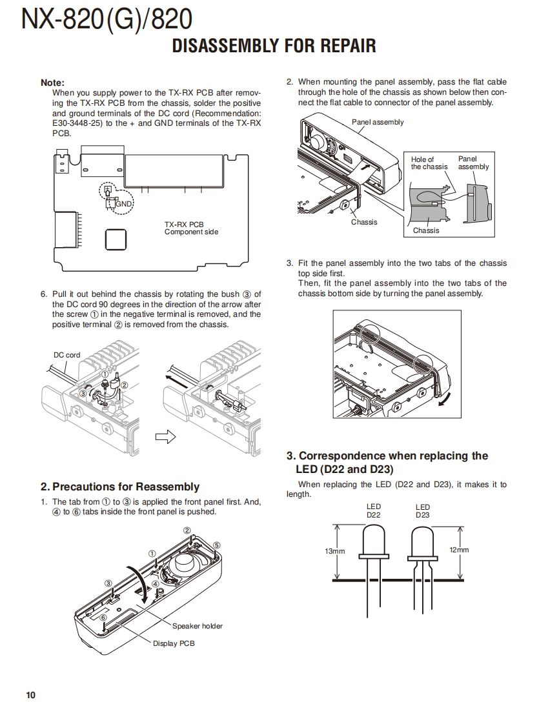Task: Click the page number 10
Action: pos(30,695)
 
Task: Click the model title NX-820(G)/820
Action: pos(107,19)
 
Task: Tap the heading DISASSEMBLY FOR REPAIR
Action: pos(274,46)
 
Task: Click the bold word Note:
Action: pos(52,83)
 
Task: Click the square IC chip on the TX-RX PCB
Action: pos(116,239)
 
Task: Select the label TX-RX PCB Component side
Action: pos(190,228)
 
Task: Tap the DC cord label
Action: pos(66,355)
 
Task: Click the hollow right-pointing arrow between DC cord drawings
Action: pos(166,437)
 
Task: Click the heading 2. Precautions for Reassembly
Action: pos(120,487)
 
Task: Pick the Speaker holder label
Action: pos(197,626)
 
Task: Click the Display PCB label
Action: pos(174,643)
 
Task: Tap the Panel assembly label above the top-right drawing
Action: pos(378,122)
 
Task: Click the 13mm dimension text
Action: pos(334,551)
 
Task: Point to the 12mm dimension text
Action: pos(458,550)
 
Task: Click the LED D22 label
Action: pos(374,510)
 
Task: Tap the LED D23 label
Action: pos(423,510)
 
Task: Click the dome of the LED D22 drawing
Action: pos(374,536)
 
